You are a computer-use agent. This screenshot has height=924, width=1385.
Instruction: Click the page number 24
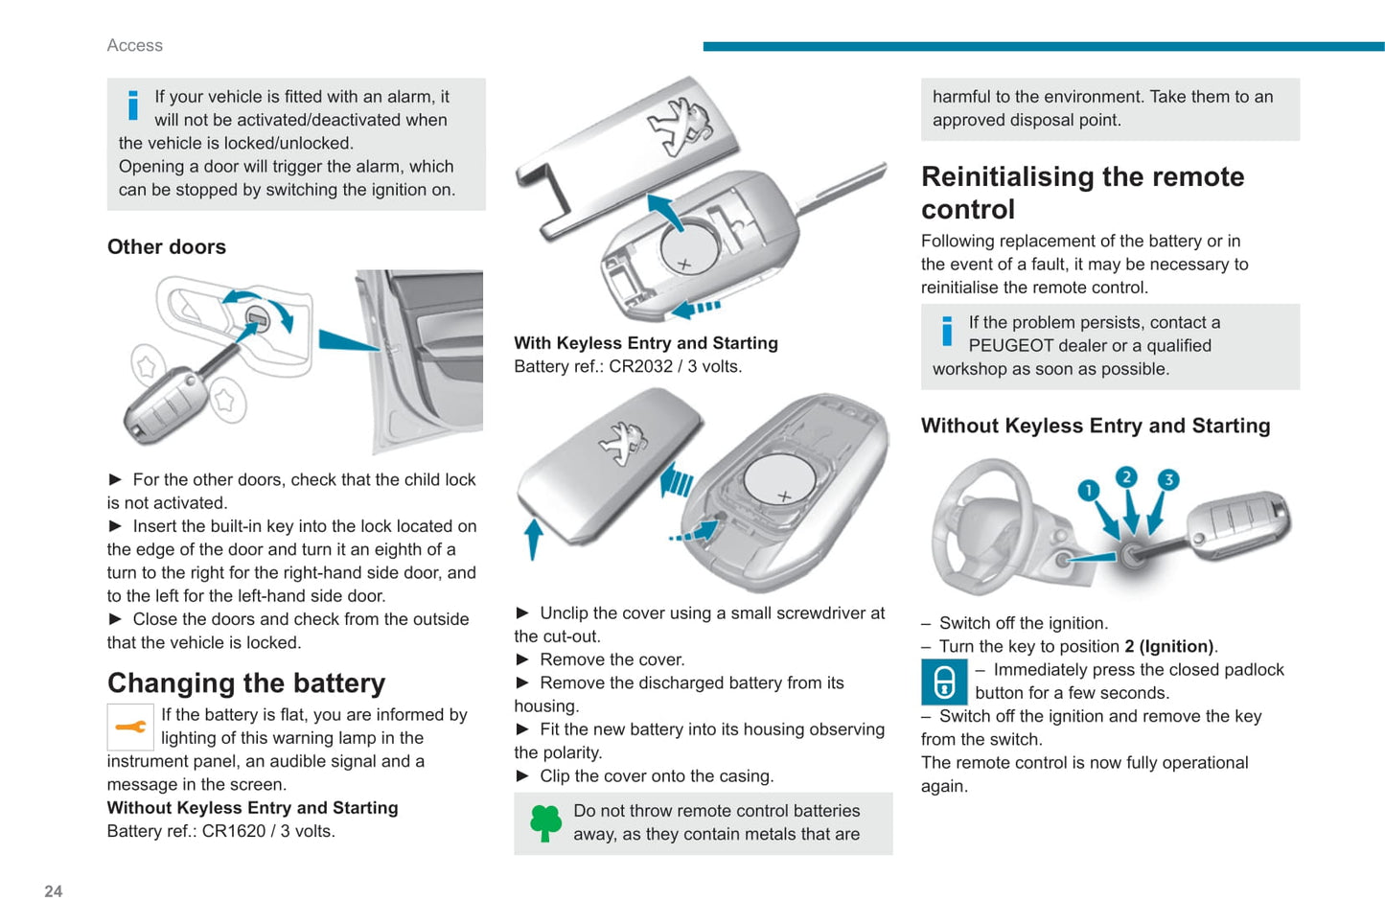[54, 891]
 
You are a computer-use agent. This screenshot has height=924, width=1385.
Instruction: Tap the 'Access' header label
[134, 45]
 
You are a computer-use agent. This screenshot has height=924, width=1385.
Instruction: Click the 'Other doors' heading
[167, 247]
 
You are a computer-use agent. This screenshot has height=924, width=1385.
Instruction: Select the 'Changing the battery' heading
[246, 683]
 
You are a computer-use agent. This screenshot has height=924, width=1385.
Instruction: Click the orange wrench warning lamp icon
[130, 728]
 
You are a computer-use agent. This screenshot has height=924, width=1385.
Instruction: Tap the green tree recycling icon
[545, 822]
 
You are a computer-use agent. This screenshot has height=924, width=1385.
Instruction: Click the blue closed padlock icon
[944, 682]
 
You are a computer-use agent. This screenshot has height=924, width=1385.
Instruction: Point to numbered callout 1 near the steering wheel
[1088, 491]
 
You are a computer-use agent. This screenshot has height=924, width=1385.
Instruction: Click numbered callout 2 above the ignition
[1127, 476]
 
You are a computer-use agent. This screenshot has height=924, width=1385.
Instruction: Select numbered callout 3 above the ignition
[1167, 480]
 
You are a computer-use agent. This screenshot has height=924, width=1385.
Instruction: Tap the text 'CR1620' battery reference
[234, 832]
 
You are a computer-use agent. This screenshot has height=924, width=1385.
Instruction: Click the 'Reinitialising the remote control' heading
[1082, 193]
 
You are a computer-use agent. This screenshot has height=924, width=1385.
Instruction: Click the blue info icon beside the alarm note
[133, 105]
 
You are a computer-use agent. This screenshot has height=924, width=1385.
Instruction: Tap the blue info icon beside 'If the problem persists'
[947, 331]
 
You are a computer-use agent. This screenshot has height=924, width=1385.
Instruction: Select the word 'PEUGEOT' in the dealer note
[1008, 346]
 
